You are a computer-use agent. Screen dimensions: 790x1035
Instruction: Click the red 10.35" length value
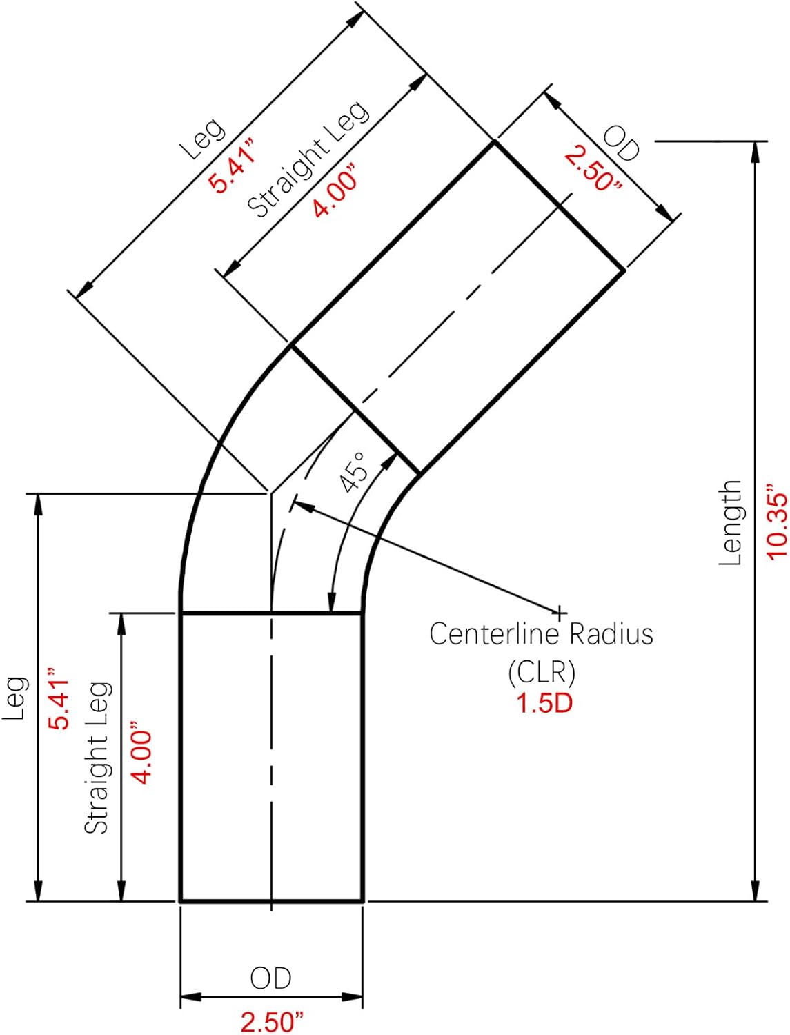[776, 524]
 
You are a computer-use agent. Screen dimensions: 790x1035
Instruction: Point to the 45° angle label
[356, 471]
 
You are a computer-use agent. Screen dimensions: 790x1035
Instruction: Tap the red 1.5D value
[544, 703]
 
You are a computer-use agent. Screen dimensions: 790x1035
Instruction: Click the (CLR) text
[542, 671]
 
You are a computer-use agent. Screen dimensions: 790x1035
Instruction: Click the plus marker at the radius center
[560, 612]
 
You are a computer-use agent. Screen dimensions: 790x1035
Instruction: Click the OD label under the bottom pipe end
[271, 978]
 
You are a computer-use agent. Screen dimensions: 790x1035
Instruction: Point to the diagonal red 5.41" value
[233, 165]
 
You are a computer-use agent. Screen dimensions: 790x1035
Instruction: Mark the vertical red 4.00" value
[141, 753]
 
